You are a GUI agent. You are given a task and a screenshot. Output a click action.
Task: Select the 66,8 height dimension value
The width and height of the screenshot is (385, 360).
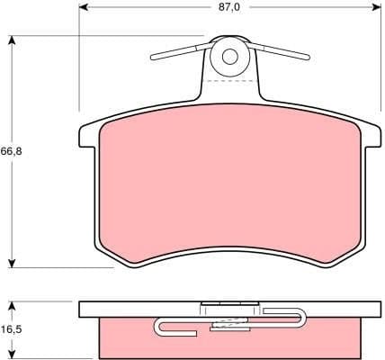[x=11, y=151]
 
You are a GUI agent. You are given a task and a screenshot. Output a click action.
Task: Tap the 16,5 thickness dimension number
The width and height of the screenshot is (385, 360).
[x=11, y=330]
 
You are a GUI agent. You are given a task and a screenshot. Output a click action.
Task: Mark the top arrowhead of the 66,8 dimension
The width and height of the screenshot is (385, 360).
[x=12, y=40]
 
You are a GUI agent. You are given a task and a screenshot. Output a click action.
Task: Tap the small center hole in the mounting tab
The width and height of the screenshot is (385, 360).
[x=229, y=57]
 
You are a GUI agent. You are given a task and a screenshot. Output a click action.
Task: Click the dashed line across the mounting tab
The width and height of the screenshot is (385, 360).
[x=229, y=82]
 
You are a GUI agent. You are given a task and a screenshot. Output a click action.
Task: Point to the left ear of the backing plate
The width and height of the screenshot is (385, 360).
[x=87, y=135]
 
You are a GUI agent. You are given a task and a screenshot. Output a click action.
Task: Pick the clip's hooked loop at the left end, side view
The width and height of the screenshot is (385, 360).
[x=163, y=327]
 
